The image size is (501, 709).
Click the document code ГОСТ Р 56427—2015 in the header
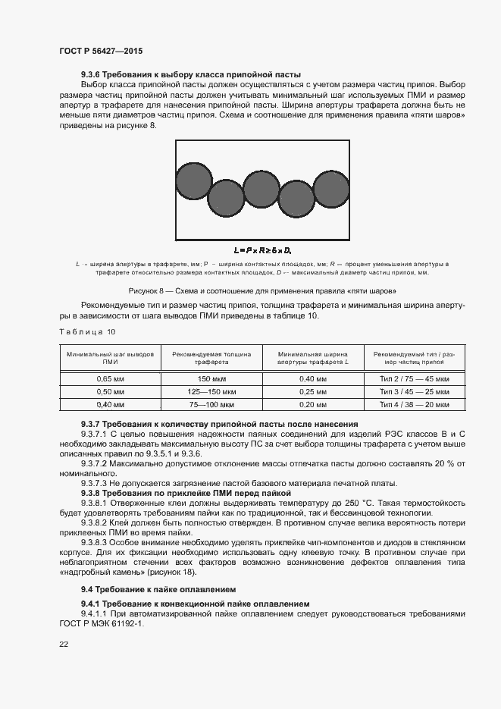tap(101, 50)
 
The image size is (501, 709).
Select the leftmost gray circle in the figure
tap(194, 182)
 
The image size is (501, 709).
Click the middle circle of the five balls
tap(261, 189)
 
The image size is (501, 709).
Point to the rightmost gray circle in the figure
tap(331, 190)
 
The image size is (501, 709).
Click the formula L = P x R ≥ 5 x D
tap(262, 249)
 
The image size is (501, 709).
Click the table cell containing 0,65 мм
tap(110, 378)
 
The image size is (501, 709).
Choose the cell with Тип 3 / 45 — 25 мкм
tap(415, 391)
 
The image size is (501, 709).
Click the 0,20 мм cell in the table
tap(312, 405)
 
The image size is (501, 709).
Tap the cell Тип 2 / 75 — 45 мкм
tap(415, 378)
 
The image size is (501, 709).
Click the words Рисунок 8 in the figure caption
tap(149, 290)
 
